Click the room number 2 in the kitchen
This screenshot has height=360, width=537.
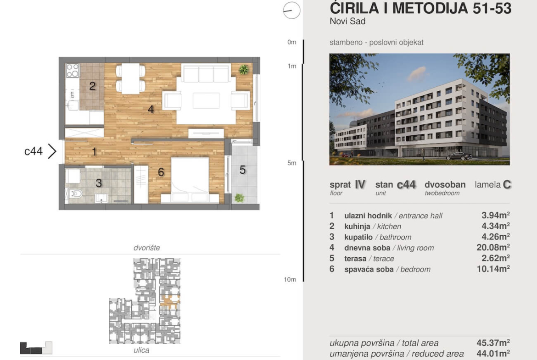[92, 86]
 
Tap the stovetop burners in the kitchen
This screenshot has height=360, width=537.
[73, 71]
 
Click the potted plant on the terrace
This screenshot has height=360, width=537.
[240, 198]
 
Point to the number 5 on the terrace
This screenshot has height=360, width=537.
[242, 170]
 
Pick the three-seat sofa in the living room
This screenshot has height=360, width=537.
[206, 73]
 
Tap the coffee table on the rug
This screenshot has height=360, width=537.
[206, 100]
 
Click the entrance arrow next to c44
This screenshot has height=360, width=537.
[52, 151]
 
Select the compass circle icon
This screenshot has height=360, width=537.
[292, 10]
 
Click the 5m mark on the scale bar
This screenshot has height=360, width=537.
[292, 163]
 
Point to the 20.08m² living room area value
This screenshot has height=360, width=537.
[493, 248]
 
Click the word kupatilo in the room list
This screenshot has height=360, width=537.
[358, 237]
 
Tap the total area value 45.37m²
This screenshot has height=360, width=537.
[493, 343]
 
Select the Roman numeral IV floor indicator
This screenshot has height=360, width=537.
[360, 185]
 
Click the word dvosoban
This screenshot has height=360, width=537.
[445, 185]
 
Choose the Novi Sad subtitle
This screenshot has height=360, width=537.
[347, 21]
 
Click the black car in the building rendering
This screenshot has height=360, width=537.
[459, 156]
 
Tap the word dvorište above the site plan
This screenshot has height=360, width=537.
[146, 248]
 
